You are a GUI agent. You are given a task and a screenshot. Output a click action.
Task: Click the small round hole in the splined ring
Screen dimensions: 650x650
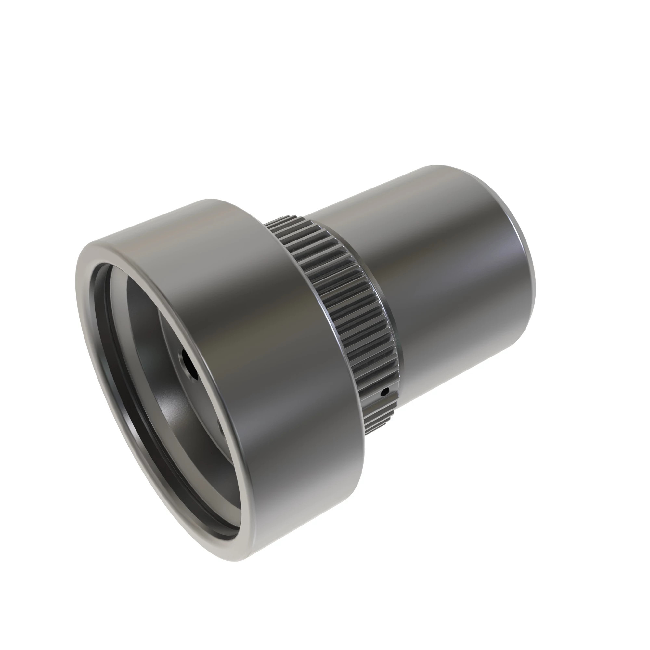point(386,391)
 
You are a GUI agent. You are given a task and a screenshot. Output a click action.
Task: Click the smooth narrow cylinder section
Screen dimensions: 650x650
point(437,286)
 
